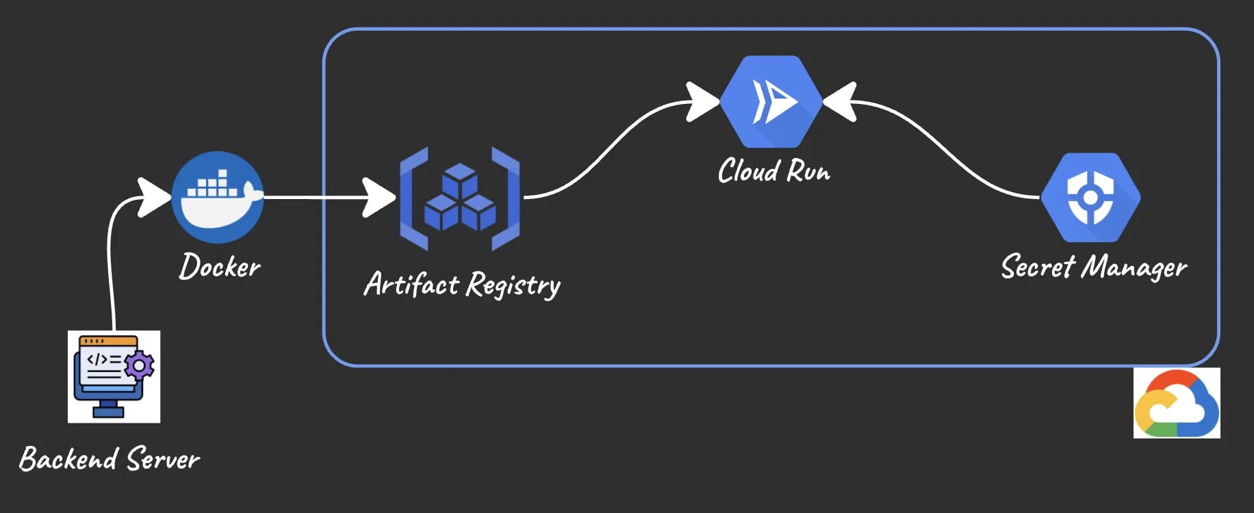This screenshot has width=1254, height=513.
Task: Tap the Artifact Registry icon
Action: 460,198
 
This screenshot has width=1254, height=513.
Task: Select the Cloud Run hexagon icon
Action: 771,101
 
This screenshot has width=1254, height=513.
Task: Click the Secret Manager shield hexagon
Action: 1090,197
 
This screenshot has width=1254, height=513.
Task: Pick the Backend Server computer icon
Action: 114,376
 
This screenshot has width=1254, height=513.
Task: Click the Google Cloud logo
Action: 1177,404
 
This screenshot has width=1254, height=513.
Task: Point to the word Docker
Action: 220,266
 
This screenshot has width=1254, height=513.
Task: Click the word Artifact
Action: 411,284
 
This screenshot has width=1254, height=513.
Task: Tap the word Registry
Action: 513,285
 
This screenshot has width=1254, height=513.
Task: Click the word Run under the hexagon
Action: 808,170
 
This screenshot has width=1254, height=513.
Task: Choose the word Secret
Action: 1038,266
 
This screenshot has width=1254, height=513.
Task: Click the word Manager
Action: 1134,267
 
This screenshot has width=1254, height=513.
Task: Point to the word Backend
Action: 68,458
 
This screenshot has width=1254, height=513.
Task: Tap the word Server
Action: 163,458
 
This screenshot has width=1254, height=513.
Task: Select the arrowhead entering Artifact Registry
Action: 379,198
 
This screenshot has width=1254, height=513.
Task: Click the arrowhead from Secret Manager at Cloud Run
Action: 841,102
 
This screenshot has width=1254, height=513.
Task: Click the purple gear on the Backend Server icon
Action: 140,366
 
